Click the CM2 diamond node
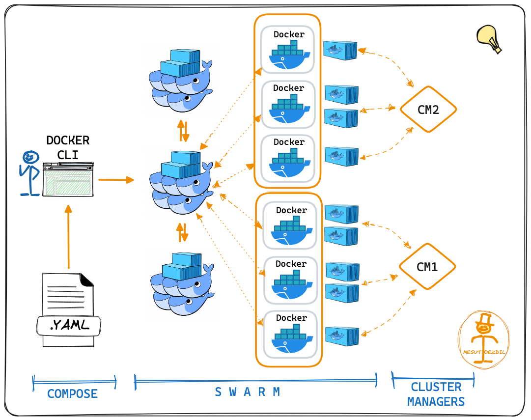[428, 110]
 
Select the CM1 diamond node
[427, 267]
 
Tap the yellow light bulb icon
[490, 39]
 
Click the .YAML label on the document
[69, 325]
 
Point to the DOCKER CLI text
[68, 147]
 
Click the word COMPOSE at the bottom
[72, 393]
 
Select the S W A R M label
[248, 392]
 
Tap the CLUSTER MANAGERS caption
[436, 394]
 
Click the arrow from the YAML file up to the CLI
[68, 238]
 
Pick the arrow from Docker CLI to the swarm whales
[116, 180]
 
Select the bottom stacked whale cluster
[182, 284]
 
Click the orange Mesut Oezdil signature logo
[483, 339]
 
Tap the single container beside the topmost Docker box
[340, 50]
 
